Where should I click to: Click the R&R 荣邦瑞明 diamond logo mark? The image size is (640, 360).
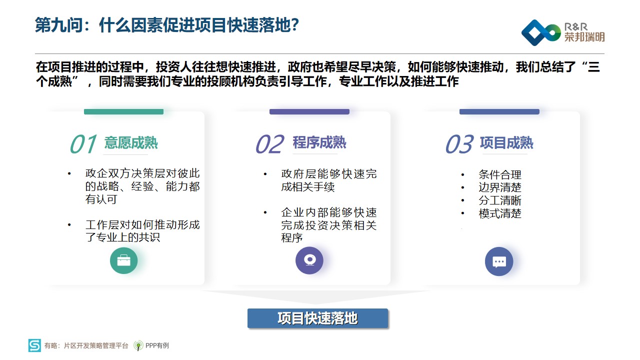click(x=541, y=32)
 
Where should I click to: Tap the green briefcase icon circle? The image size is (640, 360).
click(x=123, y=260)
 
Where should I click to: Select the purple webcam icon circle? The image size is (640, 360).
click(x=309, y=260)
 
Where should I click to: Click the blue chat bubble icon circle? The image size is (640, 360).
click(x=499, y=261)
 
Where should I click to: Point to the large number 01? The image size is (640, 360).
click(x=83, y=144)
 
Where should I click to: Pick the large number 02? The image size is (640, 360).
click(x=270, y=144)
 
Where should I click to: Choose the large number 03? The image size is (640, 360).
click(x=459, y=144)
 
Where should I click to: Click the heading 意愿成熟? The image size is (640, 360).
click(x=131, y=143)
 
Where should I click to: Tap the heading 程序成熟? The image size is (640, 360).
click(x=319, y=142)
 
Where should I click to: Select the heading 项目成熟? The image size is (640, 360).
click(x=506, y=143)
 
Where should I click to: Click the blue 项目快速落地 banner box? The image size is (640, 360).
click(x=317, y=318)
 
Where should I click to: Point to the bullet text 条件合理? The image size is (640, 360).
click(x=500, y=174)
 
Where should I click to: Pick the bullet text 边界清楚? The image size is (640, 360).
click(x=500, y=187)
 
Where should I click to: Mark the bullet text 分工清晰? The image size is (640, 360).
click(x=500, y=200)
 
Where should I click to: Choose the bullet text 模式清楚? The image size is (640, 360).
click(x=500, y=213)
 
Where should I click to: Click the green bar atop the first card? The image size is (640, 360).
click(x=123, y=111)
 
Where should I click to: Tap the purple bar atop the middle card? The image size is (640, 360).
click(x=309, y=111)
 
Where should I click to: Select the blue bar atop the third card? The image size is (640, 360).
click(x=499, y=111)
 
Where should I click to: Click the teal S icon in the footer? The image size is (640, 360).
click(x=34, y=345)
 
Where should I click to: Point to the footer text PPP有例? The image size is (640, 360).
click(x=157, y=345)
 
